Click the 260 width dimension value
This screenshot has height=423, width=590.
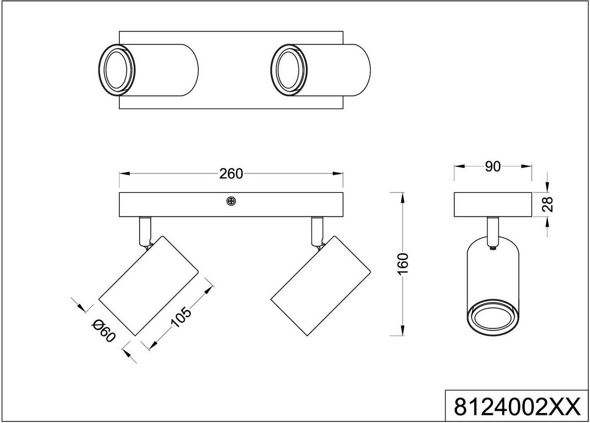click(x=231, y=174)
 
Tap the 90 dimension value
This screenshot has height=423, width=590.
click(x=492, y=167)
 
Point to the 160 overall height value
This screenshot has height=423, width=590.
click(x=403, y=264)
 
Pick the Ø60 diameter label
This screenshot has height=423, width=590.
click(x=104, y=330)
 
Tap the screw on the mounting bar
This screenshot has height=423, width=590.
click(x=231, y=201)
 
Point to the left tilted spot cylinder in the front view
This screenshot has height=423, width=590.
click(x=148, y=286)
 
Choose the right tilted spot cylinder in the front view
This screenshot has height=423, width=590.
click(x=320, y=286)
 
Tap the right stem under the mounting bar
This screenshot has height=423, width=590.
click(x=316, y=230)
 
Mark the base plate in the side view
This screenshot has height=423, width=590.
click(x=493, y=204)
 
